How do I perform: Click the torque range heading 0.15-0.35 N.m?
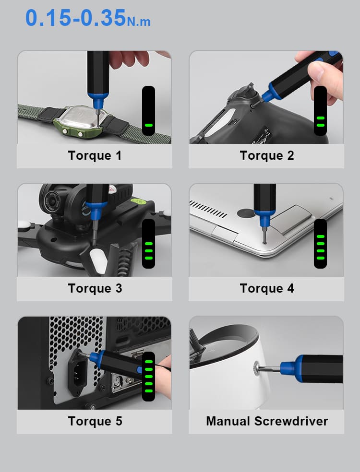(x=88, y=18)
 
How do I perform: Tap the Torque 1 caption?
(x=95, y=155)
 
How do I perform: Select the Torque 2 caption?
(x=266, y=155)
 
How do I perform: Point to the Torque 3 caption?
(x=95, y=288)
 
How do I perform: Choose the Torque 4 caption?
(x=266, y=288)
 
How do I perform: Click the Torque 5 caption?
(x=95, y=421)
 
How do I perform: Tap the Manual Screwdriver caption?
(x=267, y=421)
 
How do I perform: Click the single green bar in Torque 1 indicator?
(x=148, y=125)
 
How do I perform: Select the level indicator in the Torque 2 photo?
(x=320, y=110)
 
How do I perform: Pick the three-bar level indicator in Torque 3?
(x=148, y=244)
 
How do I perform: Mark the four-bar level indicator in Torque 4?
(x=320, y=244)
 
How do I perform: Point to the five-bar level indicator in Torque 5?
(x=148, y=376)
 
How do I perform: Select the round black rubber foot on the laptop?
(x=246, y=213)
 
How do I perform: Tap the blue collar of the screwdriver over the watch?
(x=97, y=101)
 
